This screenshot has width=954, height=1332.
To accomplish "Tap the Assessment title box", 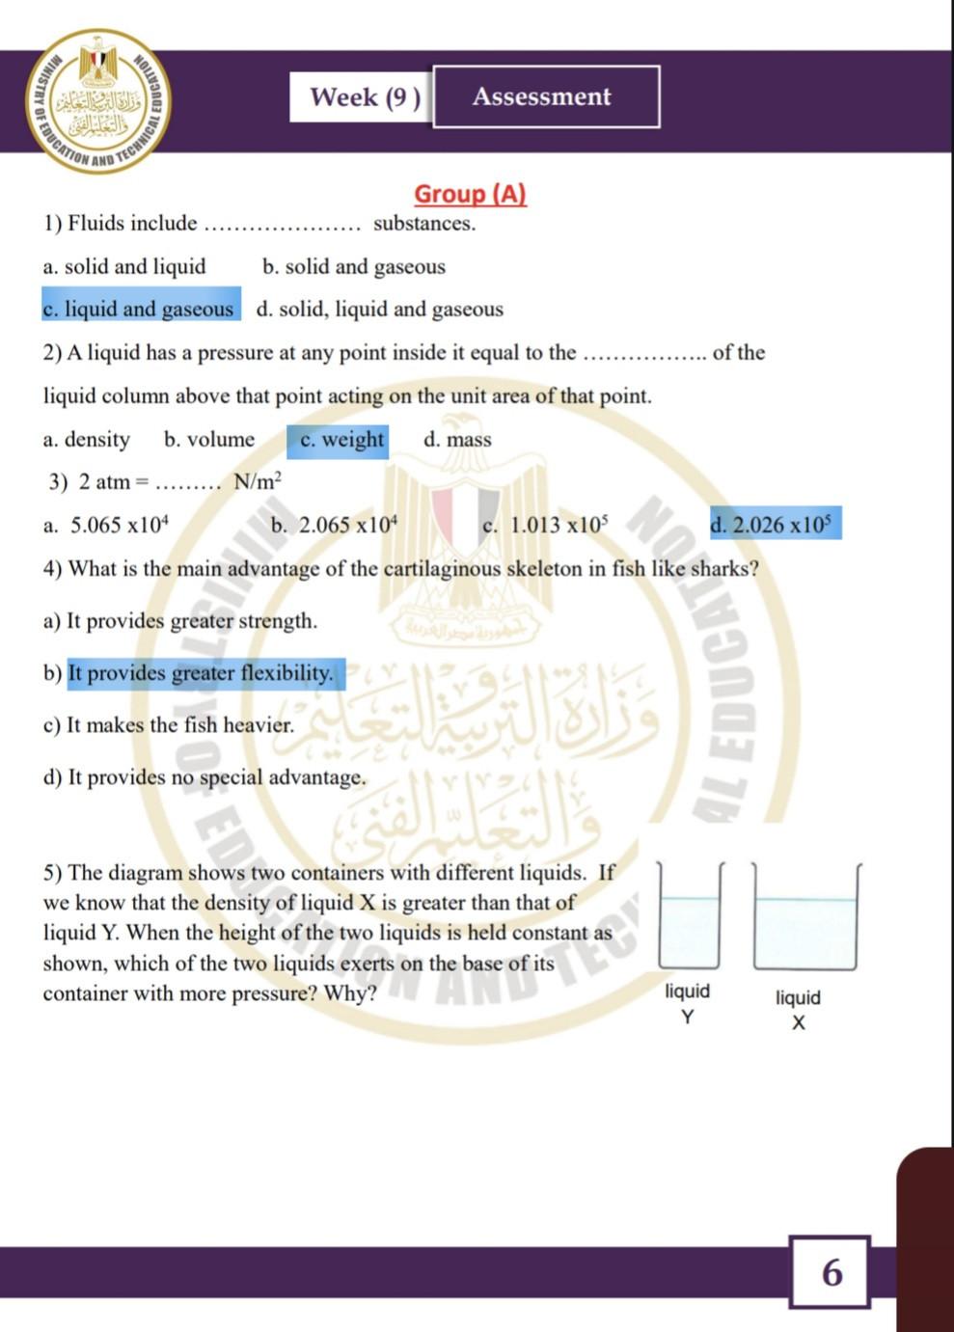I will (546, 96).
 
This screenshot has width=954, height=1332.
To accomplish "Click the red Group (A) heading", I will (470, 194).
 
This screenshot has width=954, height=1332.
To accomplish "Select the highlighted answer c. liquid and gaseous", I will (141, 309).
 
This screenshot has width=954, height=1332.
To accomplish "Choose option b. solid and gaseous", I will (353, 266).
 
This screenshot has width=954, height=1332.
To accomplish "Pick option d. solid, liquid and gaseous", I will (379, 309).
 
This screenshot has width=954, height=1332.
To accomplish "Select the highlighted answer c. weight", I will (340, 440).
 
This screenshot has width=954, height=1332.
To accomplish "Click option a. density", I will (86, 440).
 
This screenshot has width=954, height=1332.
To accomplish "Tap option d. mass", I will (457, 440).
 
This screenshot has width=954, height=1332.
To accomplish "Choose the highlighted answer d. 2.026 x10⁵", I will (776, 525).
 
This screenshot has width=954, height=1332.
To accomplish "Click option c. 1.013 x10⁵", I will (545, 526).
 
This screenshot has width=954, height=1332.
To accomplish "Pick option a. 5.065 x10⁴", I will (106, 526).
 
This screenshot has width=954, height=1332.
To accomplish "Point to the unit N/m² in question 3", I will (257, 481).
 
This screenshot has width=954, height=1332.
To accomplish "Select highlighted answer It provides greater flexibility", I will (201, 673).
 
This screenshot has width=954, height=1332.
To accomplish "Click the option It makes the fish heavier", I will (169, 724).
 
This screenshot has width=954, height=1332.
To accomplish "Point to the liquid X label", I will (798, 1009).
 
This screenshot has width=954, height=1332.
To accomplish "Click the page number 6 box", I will (830, 1272).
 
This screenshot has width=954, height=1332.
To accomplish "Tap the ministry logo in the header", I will (98, 100).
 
